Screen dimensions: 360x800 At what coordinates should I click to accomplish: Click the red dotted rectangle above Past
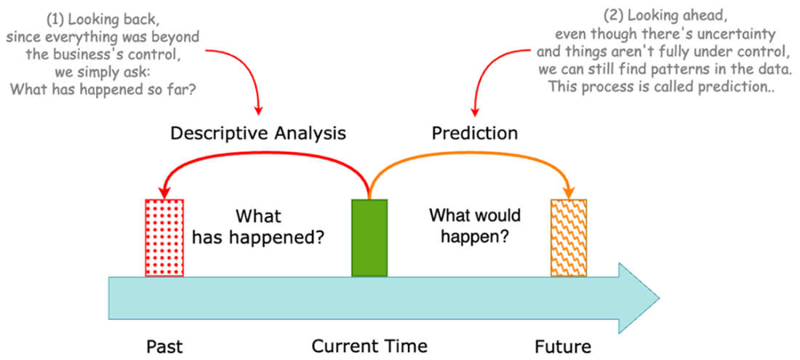164,237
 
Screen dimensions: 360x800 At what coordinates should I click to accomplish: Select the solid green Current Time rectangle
369,237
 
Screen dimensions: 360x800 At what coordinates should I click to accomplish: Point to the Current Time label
369,345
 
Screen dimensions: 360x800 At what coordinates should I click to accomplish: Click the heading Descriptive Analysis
258,133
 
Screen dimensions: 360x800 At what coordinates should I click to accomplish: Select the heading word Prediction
474,133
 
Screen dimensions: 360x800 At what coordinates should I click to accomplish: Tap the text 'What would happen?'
474,226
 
